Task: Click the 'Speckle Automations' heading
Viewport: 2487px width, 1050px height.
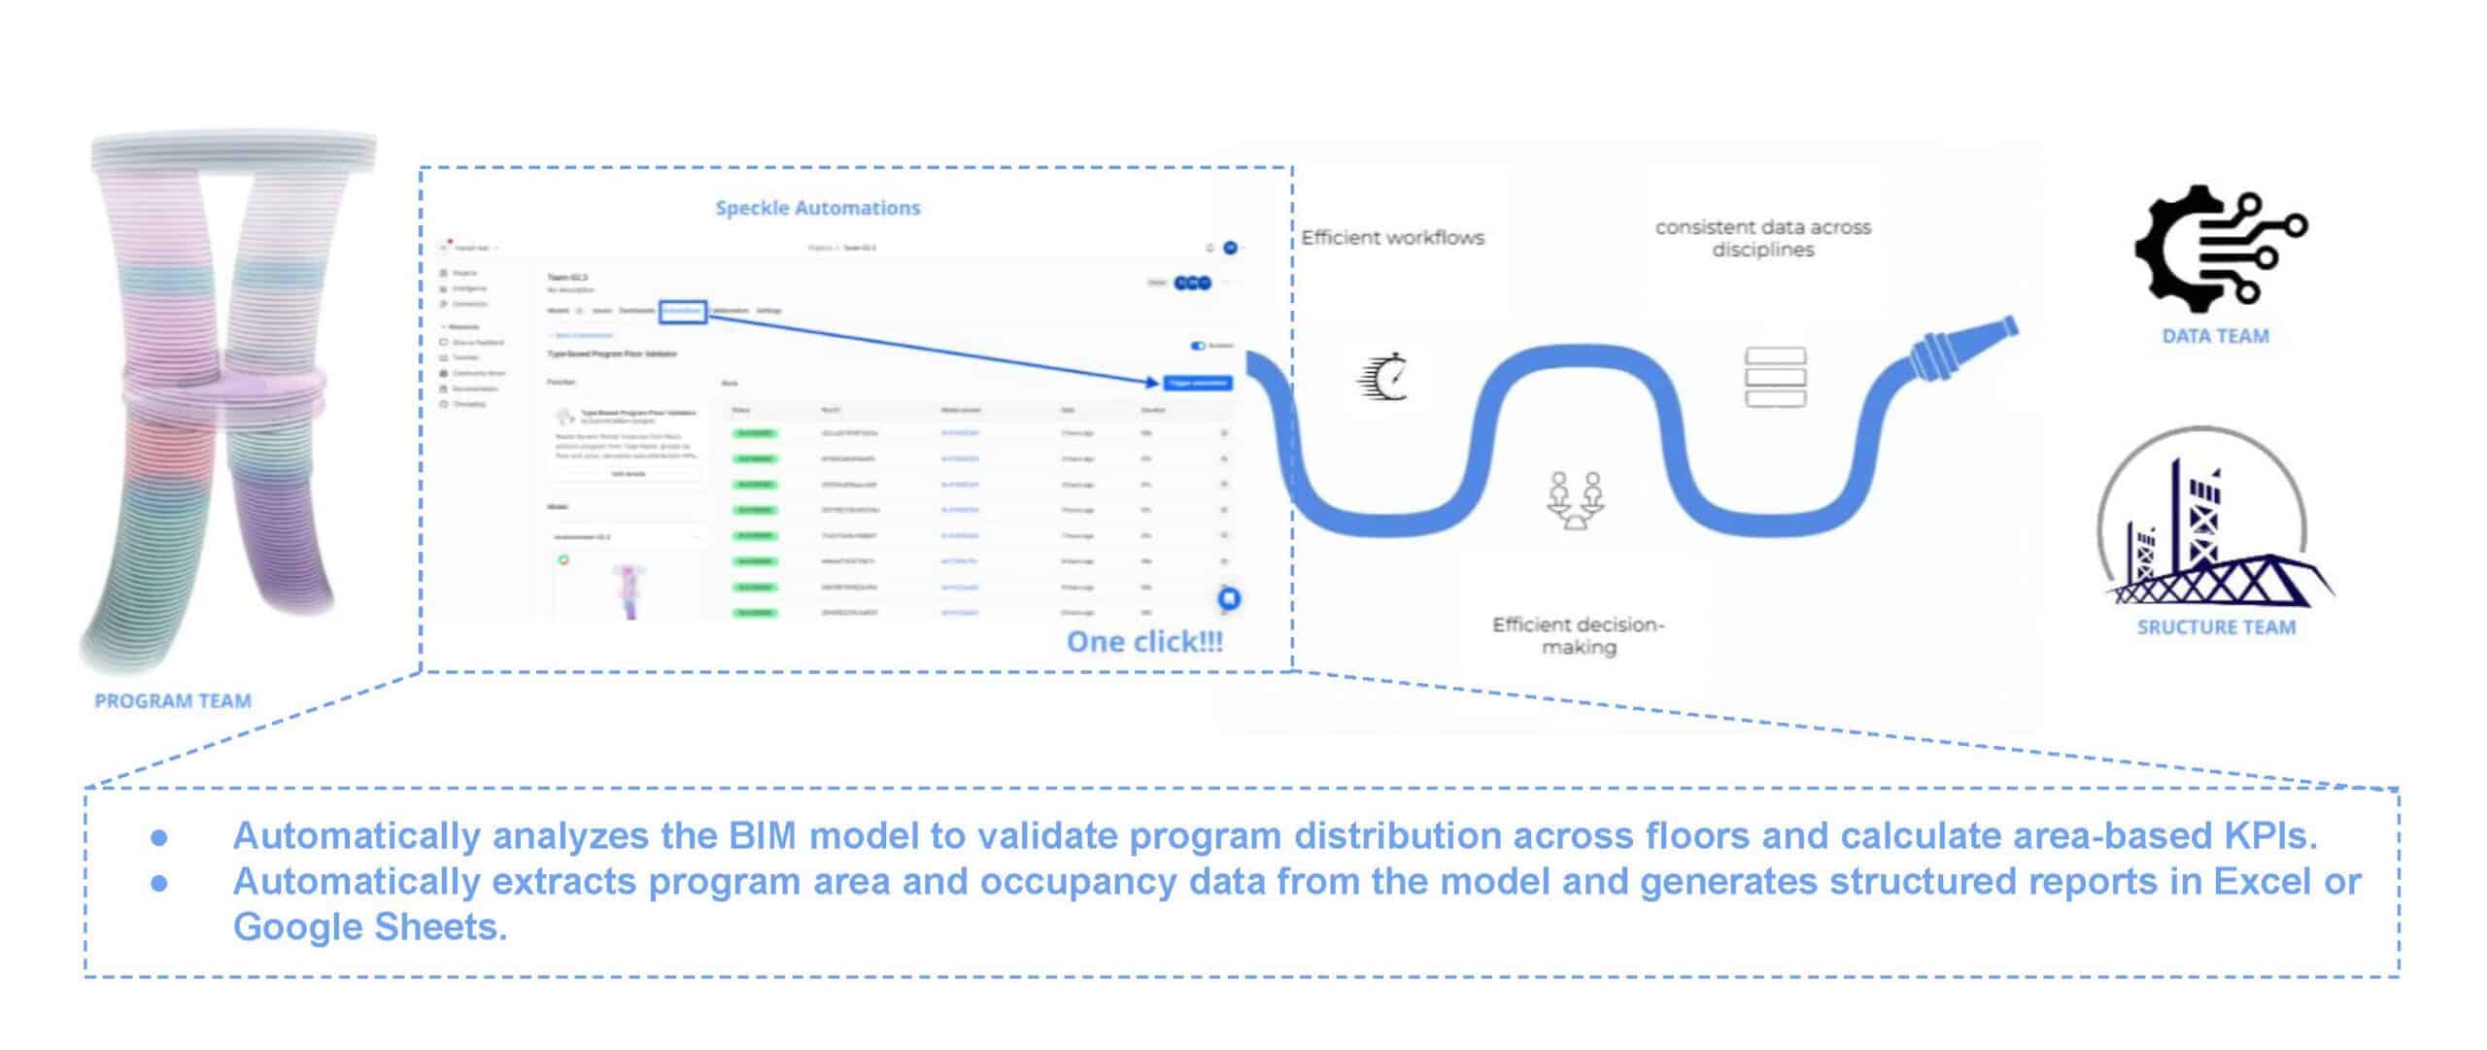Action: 817,208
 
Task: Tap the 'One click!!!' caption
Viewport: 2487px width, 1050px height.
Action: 1143,642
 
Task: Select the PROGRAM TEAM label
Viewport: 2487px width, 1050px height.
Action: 173,701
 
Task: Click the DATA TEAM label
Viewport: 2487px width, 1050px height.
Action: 2215,337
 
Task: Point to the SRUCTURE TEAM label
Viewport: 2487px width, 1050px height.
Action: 2216,627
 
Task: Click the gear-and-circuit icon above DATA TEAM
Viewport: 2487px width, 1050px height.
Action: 2219,248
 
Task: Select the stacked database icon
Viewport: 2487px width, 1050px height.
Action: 1775,377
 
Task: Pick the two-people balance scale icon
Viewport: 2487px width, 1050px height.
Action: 1575,500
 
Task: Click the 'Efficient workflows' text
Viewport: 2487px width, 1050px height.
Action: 1392,238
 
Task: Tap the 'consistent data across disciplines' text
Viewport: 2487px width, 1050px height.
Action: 1762,238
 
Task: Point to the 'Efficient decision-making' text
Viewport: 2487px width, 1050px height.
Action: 1578,636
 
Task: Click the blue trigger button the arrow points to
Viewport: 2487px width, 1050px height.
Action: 1197,384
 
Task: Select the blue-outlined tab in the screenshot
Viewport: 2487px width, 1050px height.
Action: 683,311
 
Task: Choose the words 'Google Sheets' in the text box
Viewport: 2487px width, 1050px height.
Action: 369,928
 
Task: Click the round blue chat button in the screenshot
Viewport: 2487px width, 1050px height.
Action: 1228,598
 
